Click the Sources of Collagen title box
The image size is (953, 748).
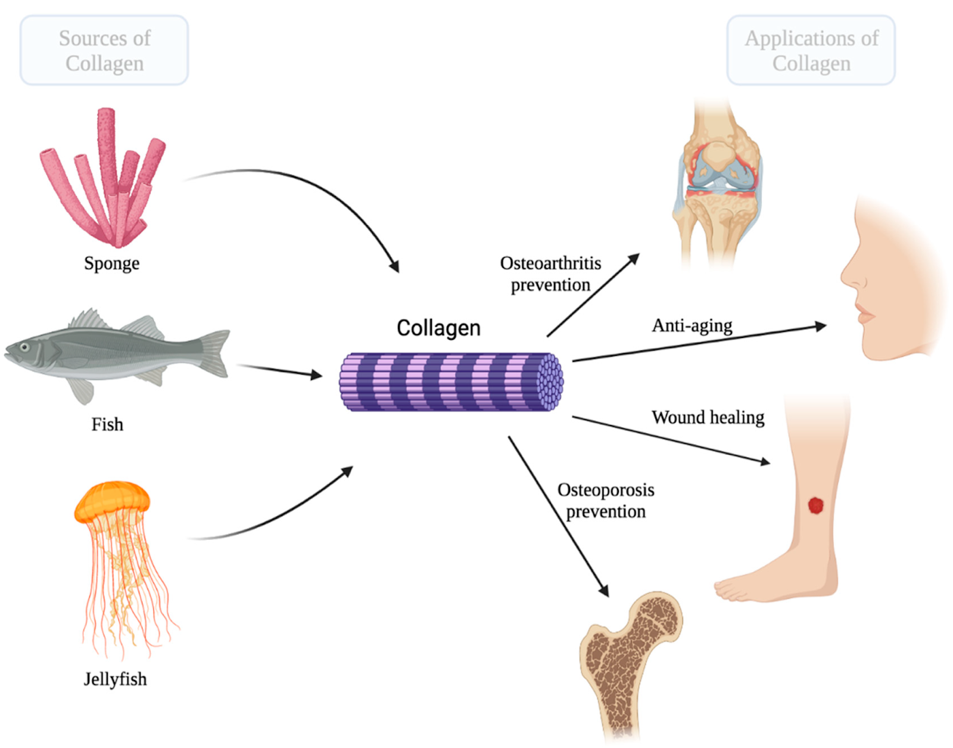(x=104, y=51)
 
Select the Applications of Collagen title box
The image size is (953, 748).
(x=811, y=51)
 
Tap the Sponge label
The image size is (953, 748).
(x=111, y=263)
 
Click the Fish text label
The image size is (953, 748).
(x=107, y=424)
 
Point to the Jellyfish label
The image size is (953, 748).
(x=115, y=679)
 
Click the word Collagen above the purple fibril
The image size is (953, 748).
(x=438, y=328)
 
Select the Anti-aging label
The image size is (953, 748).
(x=692, y=325)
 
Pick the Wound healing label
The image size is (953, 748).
(x=708, y=417)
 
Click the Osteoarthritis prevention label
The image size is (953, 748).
(x=550, y=274)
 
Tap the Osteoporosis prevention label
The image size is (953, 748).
(x=606, y=501)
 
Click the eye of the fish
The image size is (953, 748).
(x=24, y=347)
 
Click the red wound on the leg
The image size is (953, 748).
(x=815, y=505)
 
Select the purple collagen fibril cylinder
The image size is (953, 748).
(x=451, y=382)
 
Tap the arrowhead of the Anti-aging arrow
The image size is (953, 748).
(x=821, y=326)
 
